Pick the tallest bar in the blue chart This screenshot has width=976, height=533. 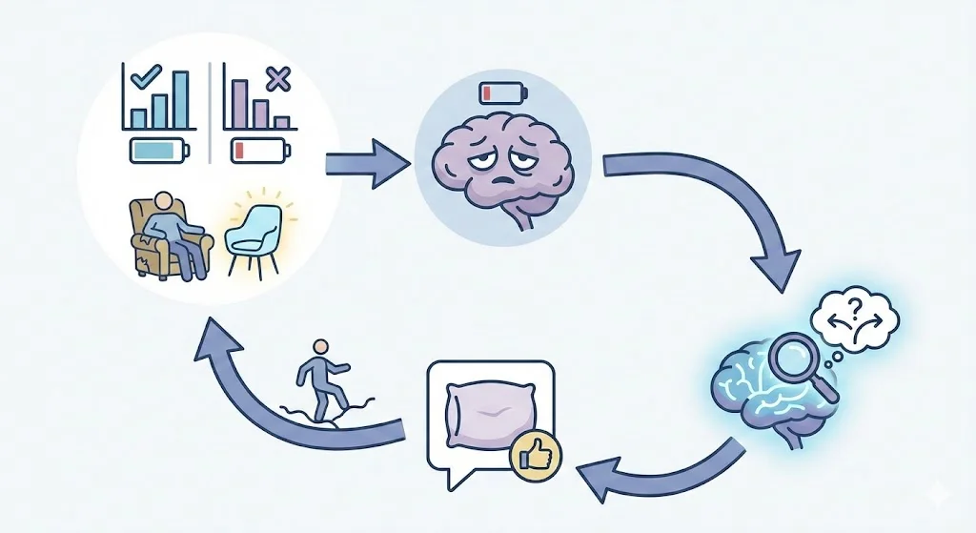pyautogui.click(x=179, y=99)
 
